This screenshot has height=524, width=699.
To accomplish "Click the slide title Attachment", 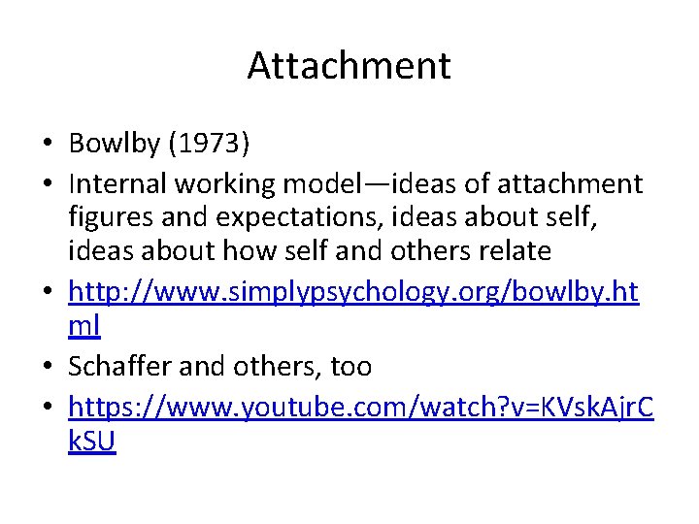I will point(349,66).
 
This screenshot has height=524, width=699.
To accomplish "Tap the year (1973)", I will point(209,145).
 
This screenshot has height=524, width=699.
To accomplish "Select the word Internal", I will point(116,183).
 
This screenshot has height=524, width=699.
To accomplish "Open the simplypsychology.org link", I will point(353,292).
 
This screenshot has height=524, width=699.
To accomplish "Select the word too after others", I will point(350,366).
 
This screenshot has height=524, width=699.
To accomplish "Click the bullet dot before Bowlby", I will point(47,146).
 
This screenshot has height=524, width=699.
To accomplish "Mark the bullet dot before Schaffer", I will point(47,367).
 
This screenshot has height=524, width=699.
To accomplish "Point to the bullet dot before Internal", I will point(47,184).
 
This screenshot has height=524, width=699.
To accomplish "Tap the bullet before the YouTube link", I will point(47,409).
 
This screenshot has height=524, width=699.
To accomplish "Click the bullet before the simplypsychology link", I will point(47,293).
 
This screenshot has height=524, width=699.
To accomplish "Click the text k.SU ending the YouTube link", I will point(92,442).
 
